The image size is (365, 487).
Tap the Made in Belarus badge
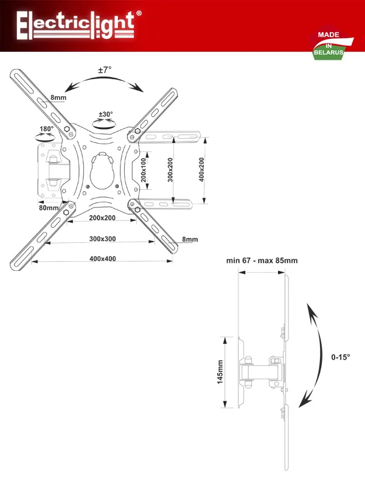point(329,44)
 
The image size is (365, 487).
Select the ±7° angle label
point(105,70)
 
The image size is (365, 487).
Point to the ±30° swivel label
point(106,114)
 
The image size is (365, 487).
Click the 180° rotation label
point(46,129)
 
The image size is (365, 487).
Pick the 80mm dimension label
point(48,208)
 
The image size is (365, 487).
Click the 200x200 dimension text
point(102,218)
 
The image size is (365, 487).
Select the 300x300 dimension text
point(102,239)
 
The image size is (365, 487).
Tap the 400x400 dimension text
point(102,259)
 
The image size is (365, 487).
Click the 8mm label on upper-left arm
point(58,98)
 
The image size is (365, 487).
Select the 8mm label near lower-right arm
point(190,239)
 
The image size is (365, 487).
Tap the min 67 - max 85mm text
point(262,261)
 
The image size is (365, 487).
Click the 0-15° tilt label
point(341,357)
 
